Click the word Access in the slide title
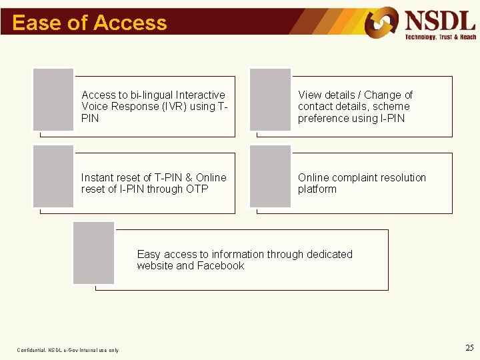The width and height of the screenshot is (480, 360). pyautogui.click(x=130, y=23)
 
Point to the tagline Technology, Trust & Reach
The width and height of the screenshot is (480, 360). pyautogui.click(x=441, y=37)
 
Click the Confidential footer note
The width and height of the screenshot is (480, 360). pyautogui.click(x=68, y=350)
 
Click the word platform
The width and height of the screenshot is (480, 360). pyautogui.click(x=317, y=189)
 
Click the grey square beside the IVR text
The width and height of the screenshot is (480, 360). pyautogui.click(x=53, y=99)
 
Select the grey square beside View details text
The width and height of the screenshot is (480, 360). pyautogui.click(x=270, y=99)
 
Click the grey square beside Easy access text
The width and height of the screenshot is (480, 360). pyautogui.click(x=93, y=253)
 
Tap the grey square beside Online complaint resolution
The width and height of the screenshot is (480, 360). pyautogui.click(x=270, y=176)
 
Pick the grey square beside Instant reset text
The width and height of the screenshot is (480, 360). pyautogui.click(x=53, y=176)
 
